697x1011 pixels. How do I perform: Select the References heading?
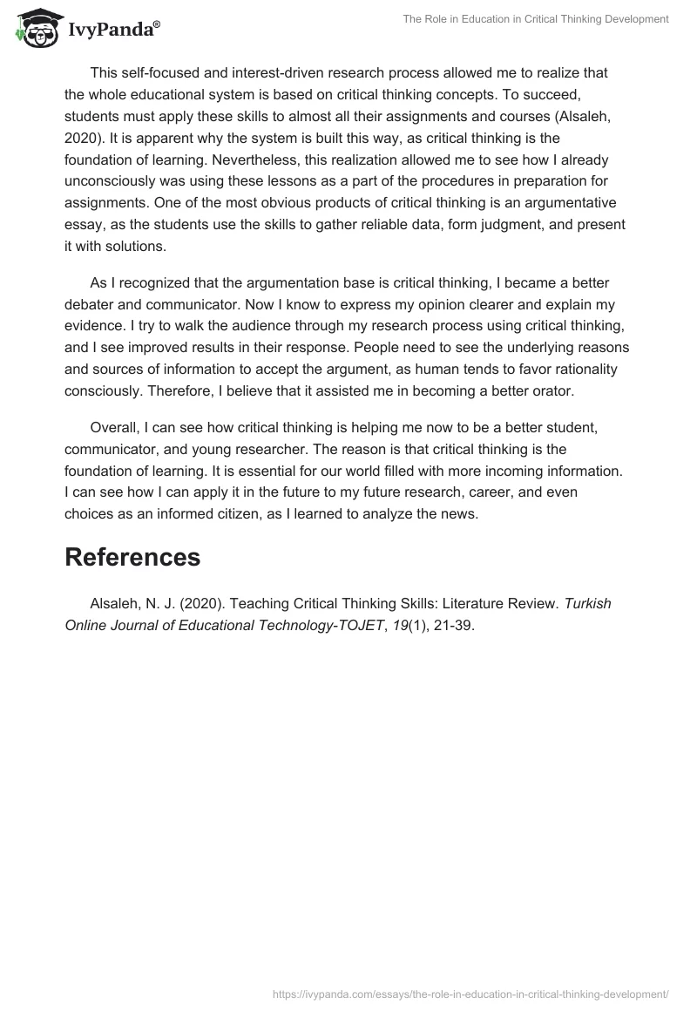pos(132,557)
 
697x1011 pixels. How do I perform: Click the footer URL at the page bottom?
pos(470,993)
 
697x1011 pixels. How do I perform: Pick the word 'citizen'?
pos(246,513)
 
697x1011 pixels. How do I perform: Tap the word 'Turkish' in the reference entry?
pos(588,603)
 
